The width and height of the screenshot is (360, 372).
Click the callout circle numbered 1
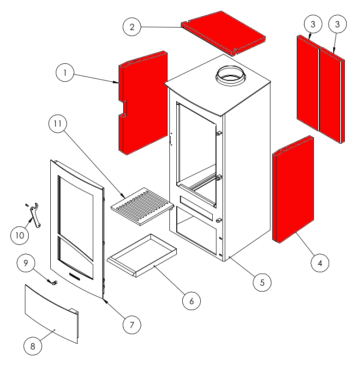click(x=65, y=73)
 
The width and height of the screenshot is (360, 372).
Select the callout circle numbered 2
click(x=132, y=27)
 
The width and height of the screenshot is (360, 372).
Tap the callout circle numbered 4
click(x=320, y=263)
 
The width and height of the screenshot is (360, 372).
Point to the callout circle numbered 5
click(x=262, y=282)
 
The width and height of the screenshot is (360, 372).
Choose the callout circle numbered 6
click(x=192, y=301)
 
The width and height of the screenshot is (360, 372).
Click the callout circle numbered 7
click(x=132, y=325)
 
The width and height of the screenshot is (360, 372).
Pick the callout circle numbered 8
click(x=33, y=346)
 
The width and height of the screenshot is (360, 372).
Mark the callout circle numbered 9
click(x=26, y=263)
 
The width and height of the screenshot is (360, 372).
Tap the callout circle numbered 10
click(x=20, y=235)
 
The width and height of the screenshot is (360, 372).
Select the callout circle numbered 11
click(x=58, y=123)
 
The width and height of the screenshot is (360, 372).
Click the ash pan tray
click(x=142, y=255)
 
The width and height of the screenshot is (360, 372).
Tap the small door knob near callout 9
click(x=55, y=283)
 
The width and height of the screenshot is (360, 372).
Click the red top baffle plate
click(x=223, y=33)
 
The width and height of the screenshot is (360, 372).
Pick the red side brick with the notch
click(x=143, y=103)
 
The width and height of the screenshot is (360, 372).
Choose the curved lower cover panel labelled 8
click(x=51, y=314)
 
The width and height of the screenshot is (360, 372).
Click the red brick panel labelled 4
click(x=293, y=189)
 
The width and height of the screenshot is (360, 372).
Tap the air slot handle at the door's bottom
click(x=75, y=276)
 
